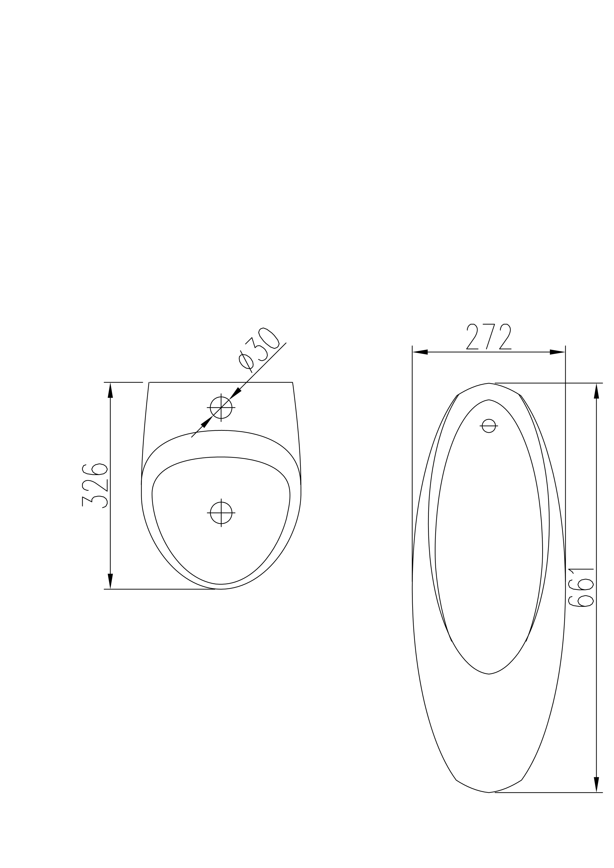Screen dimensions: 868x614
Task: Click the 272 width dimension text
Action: [x=488, y=337]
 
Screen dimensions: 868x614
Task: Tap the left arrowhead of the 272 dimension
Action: [x=420, y=352]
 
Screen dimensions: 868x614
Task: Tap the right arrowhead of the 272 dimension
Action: [x=558, y=352]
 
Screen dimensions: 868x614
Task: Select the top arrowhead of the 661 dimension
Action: [x=597, y=391]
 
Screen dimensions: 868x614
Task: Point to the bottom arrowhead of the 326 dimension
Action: [x=110, y=581]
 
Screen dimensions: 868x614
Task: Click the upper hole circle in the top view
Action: [x=221, y=408]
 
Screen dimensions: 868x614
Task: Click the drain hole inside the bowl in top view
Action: [x=221, y=513]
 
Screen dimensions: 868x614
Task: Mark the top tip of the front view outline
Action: [x=489, y=383]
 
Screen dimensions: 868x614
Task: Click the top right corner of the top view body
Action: [x=292, y=382]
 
